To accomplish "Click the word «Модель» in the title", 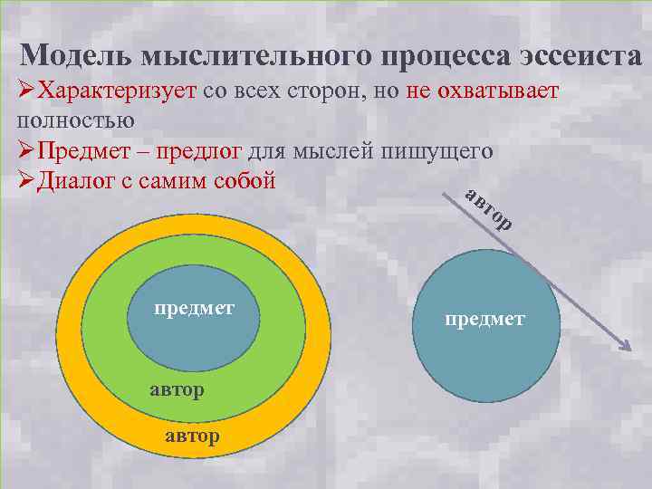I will tap(76, 56).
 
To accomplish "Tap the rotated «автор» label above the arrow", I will tap(490, 208).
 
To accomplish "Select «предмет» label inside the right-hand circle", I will tap(484, 319).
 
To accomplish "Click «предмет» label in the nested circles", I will tap(194, 308).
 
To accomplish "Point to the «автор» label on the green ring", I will tap(176, 389).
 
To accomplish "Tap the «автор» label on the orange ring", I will tap(193, 436).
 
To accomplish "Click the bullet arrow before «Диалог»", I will tap(26, 180).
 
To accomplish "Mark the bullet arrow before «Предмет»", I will tap(26, 150).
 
